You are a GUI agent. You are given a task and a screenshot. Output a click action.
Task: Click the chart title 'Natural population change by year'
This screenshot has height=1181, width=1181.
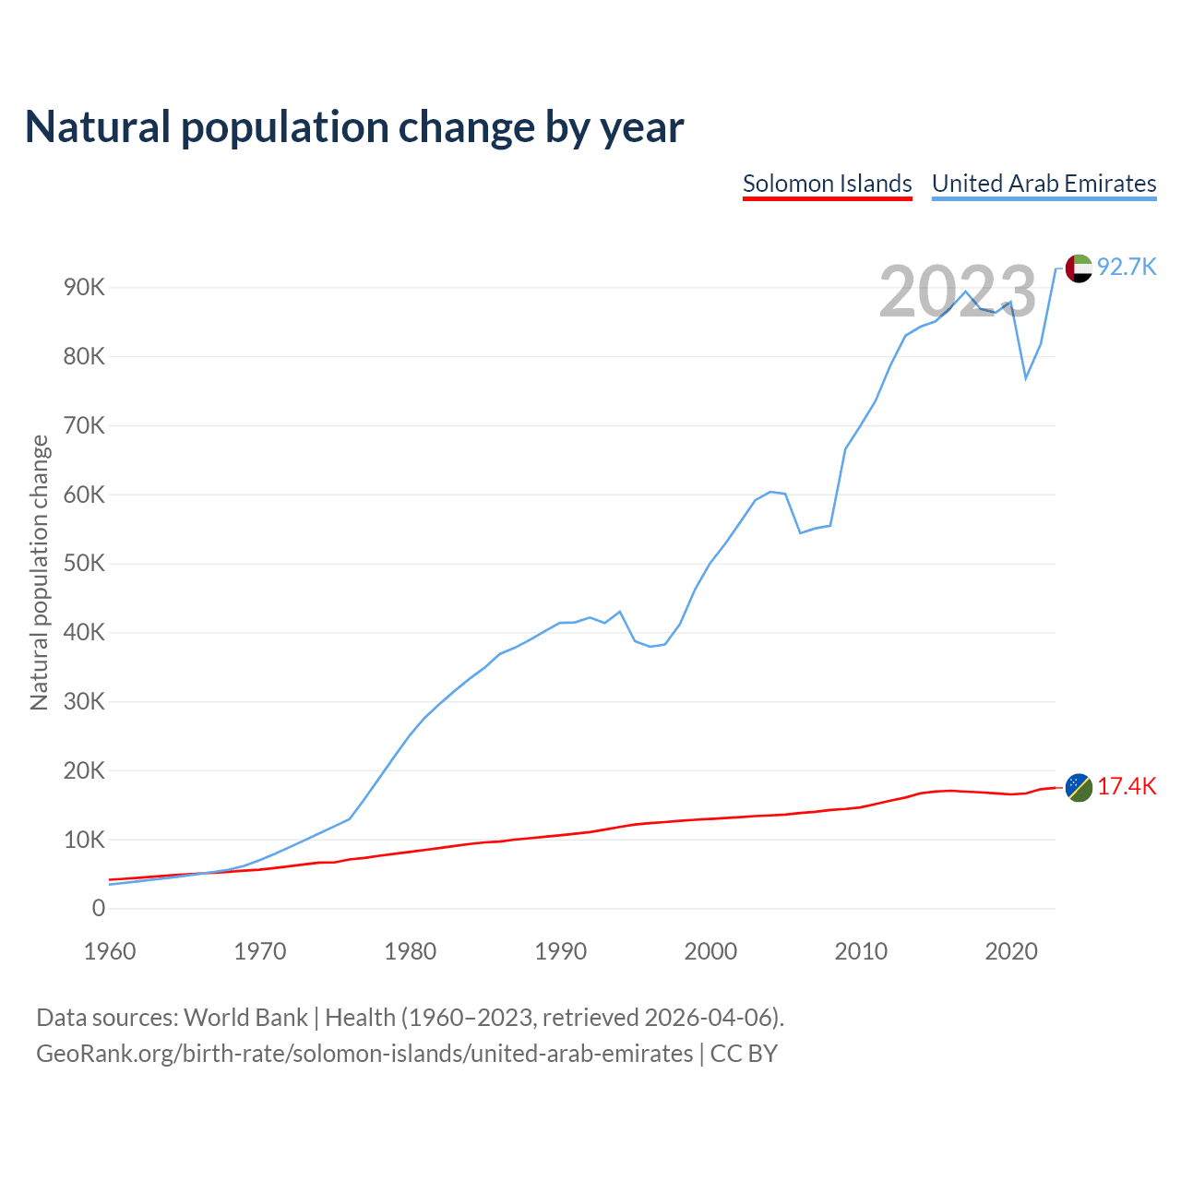click(354, 127)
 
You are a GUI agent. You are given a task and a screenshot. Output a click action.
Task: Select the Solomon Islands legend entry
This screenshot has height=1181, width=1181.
click(827, 184)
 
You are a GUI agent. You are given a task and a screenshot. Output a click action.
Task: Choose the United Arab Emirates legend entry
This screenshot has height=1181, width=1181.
click(1044, 184)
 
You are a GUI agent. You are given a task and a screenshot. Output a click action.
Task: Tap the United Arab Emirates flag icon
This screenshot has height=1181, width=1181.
click(1079, 268)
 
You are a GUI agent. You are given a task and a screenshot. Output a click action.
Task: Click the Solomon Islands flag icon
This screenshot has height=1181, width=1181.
click(1079, 788)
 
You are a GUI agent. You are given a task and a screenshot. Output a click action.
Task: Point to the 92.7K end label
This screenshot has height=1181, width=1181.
click(1127, 268)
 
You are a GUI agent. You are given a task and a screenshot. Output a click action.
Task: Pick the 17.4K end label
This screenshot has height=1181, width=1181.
click(1127, 787)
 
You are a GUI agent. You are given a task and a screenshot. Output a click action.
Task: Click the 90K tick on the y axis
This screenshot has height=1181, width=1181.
click(85, 288)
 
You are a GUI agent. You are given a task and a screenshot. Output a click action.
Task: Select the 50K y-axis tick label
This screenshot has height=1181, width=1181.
click(85, 564)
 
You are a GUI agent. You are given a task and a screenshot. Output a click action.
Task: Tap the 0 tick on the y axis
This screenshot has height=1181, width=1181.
click(99, 909)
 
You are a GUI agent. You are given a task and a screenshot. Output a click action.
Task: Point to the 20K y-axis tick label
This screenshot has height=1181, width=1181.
click(85, 771)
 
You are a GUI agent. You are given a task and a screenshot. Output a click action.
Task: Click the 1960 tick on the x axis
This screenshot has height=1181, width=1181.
click(110, 951)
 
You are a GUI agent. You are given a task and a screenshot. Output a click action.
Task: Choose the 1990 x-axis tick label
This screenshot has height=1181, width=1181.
click(561, 951)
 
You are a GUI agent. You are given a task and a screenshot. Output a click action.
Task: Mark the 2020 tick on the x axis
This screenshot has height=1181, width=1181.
click(1011, 951)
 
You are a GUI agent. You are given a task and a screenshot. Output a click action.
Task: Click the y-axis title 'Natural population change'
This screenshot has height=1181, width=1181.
click(40, 573)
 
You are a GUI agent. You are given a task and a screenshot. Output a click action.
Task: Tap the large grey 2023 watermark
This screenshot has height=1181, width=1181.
click(958, 292)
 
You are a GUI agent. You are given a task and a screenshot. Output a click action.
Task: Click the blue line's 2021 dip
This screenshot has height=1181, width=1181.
click(1026, 378)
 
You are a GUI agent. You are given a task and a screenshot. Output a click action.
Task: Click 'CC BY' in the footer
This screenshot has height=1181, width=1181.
click(744, 1054)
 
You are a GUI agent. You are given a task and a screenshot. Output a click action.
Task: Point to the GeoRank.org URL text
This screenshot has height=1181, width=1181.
click(364, 1054)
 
